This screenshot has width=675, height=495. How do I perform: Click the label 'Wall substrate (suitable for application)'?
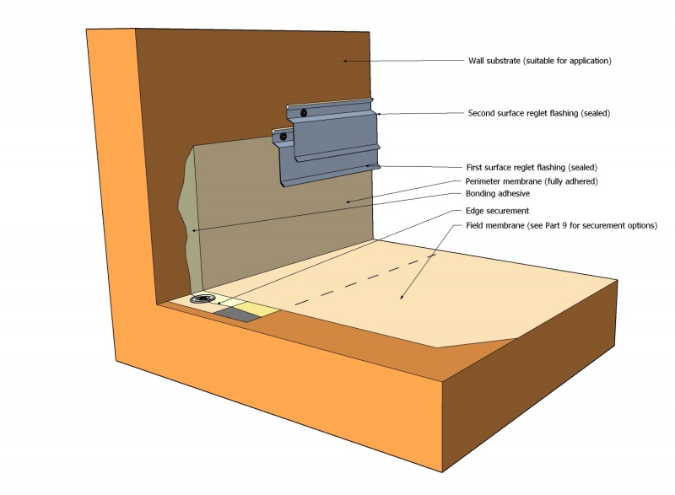[539, 61]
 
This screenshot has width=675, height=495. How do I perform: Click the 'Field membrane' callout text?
[561, 226]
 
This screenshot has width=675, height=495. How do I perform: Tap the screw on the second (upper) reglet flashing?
[302, 111]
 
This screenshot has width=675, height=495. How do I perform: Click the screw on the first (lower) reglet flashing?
[284, 136]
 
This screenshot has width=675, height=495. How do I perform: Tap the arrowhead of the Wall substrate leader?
[344, 59]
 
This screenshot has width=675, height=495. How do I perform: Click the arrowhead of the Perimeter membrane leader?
[348, 202]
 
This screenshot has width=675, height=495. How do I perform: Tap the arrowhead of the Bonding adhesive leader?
[194, 229]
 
